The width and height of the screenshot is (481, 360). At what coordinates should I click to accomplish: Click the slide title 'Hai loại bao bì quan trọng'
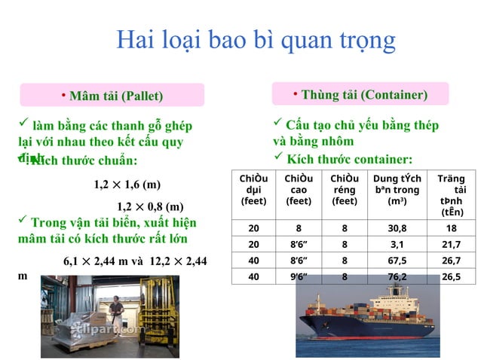point(256,39)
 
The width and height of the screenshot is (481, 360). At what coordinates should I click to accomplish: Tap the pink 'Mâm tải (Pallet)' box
point(112,96)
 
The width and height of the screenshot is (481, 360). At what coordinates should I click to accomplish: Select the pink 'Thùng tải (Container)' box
point(360,94)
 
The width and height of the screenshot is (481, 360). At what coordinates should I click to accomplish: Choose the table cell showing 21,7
point(452,245)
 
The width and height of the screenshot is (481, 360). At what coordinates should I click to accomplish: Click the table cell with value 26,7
point(452,261)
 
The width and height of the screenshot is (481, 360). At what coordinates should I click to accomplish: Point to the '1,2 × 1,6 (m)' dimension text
point(127,185)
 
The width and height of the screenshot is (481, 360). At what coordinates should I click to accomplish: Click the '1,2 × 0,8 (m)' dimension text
point(150,206)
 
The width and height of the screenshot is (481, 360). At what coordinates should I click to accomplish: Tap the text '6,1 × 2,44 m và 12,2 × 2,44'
point(135,261)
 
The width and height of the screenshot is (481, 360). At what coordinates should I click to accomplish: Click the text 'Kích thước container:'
point(349,159)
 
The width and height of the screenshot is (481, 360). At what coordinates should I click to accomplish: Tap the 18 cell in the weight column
point(452,228)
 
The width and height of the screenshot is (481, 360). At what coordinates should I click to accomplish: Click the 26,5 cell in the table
point(452,276)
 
